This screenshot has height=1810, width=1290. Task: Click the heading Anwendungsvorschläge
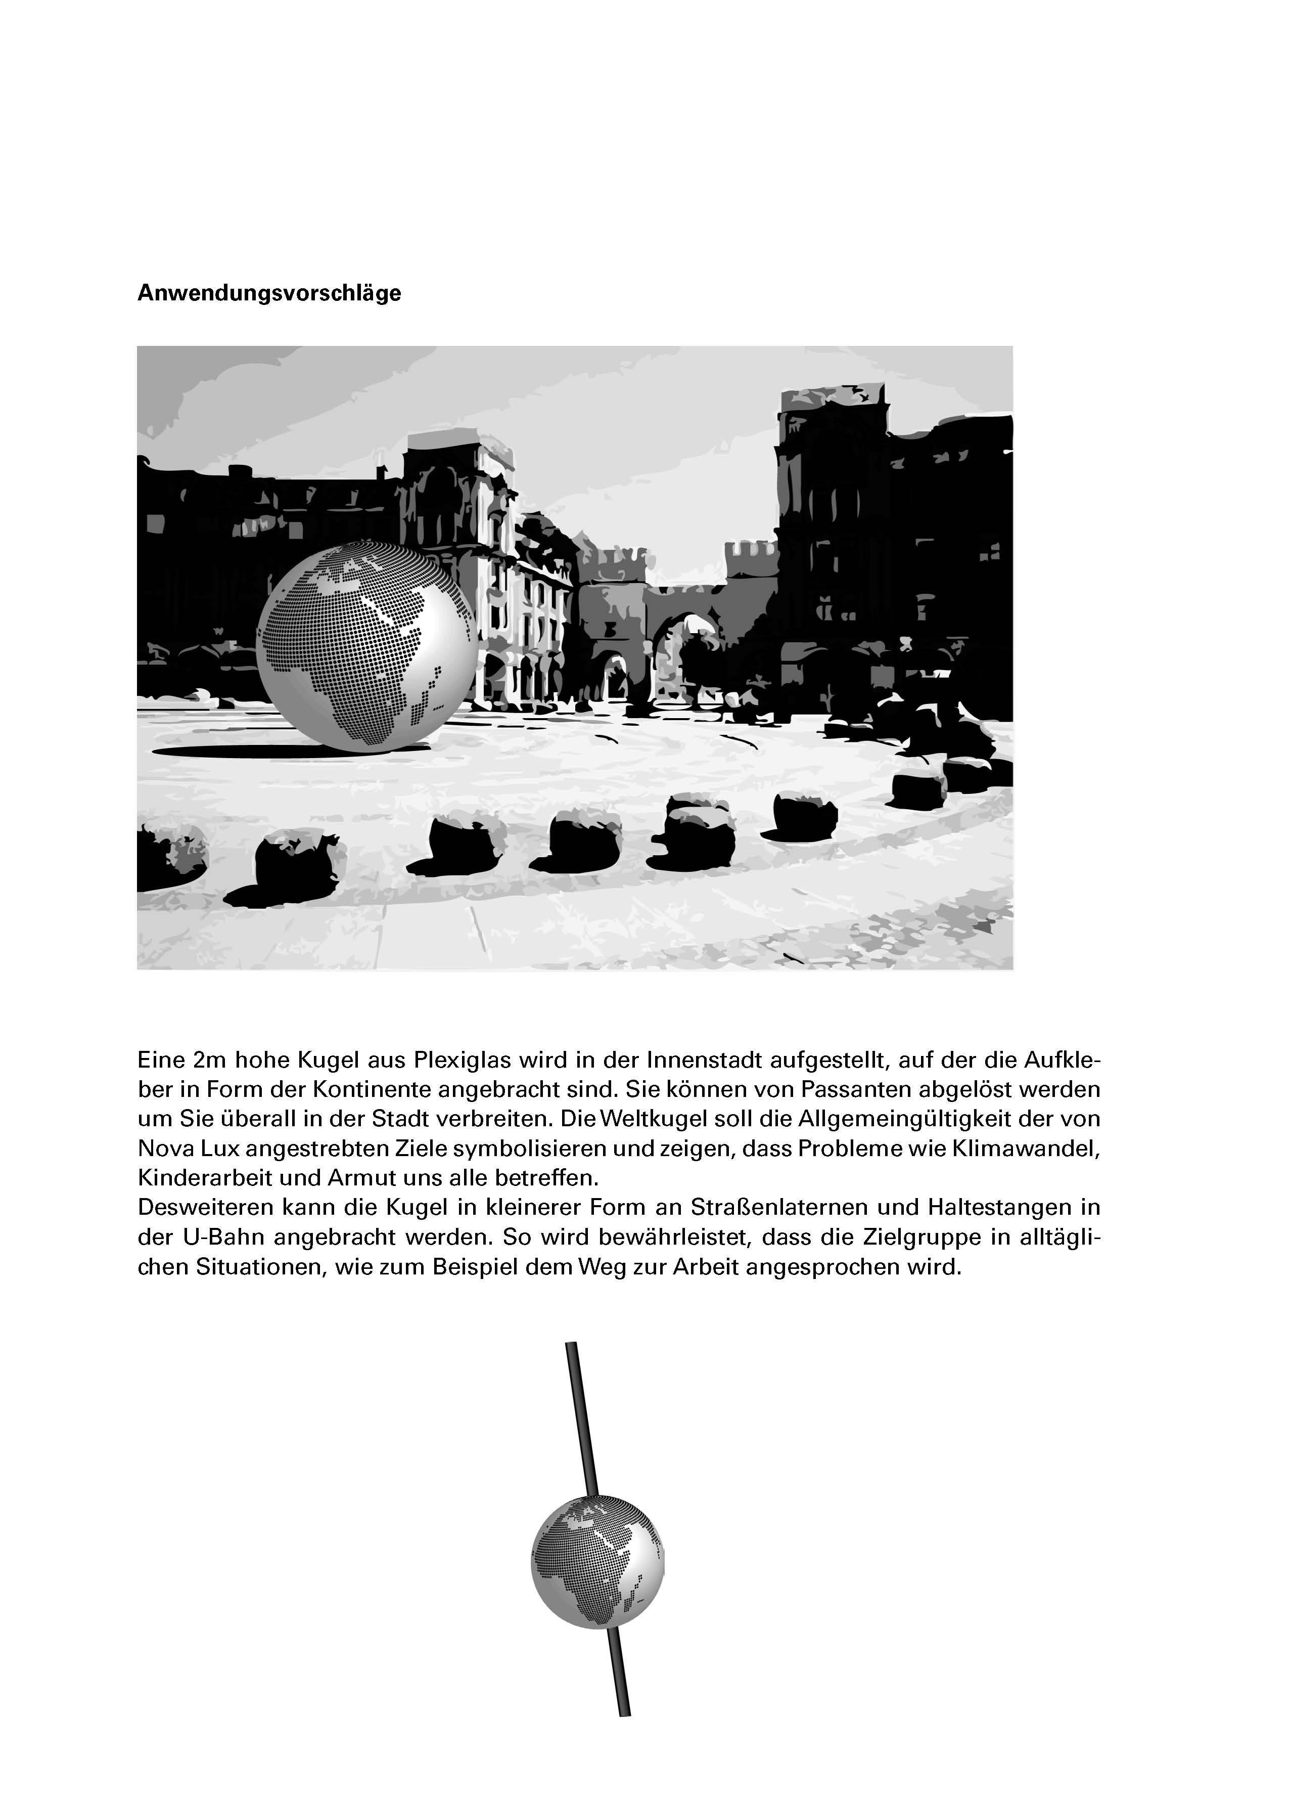[x=269, y=293]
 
